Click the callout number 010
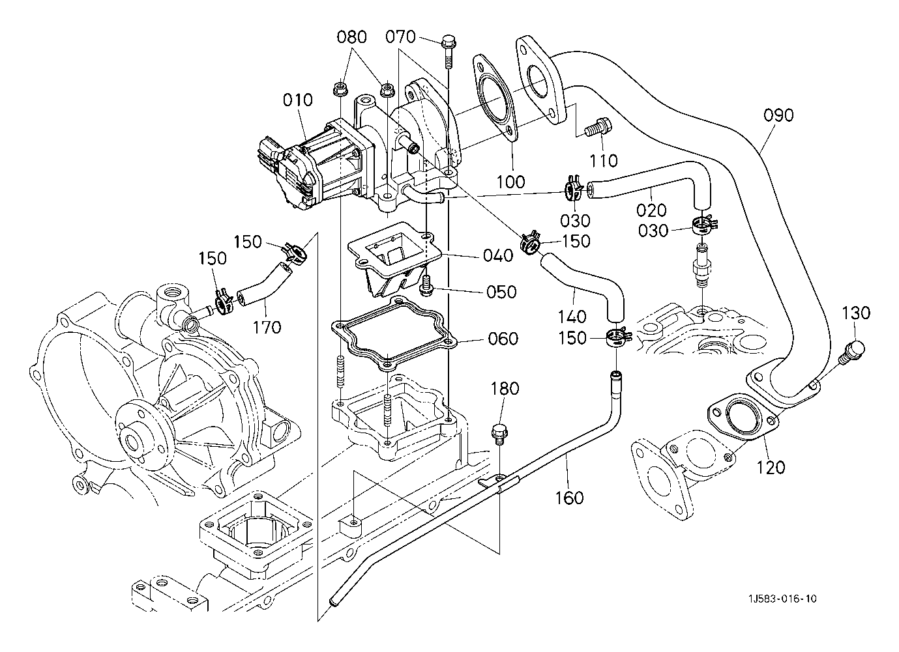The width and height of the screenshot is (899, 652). tap(298, 100)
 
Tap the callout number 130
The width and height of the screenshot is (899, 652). tap(856, 313)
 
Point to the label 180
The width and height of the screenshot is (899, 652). tap(505, 389)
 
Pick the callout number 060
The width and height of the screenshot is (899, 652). tap(503, 339)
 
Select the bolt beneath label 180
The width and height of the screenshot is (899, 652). tap(499, 432)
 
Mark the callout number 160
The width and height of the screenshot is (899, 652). tap(569, 498)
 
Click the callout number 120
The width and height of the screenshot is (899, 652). tap(771, 467)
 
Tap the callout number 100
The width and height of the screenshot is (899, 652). tap(510, 181)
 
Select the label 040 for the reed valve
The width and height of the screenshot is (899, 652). tap(498, 256)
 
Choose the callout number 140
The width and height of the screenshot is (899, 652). tap(572, 317)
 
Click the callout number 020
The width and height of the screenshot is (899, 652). tap(652, 210)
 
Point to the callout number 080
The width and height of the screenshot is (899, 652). tap(352, 36)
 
